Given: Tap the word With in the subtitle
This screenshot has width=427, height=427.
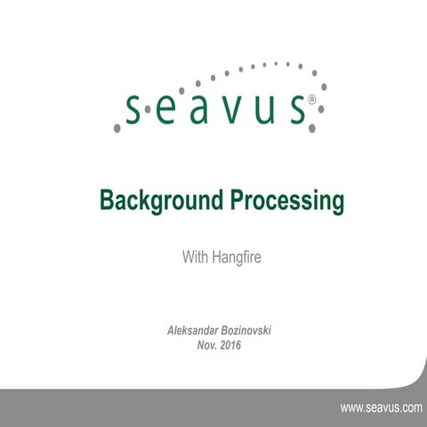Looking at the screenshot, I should point(195,258).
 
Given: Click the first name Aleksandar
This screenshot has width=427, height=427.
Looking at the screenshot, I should point(195,330).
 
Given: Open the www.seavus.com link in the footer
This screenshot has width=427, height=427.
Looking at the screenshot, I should point(381,407).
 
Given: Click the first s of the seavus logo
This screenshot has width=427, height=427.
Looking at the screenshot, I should point(133,110).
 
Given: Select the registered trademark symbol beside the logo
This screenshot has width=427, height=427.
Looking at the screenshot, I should point(310,101).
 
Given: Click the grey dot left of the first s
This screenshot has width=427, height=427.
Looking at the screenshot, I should point(117,129).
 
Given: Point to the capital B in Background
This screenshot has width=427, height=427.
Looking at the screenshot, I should point(105,201).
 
